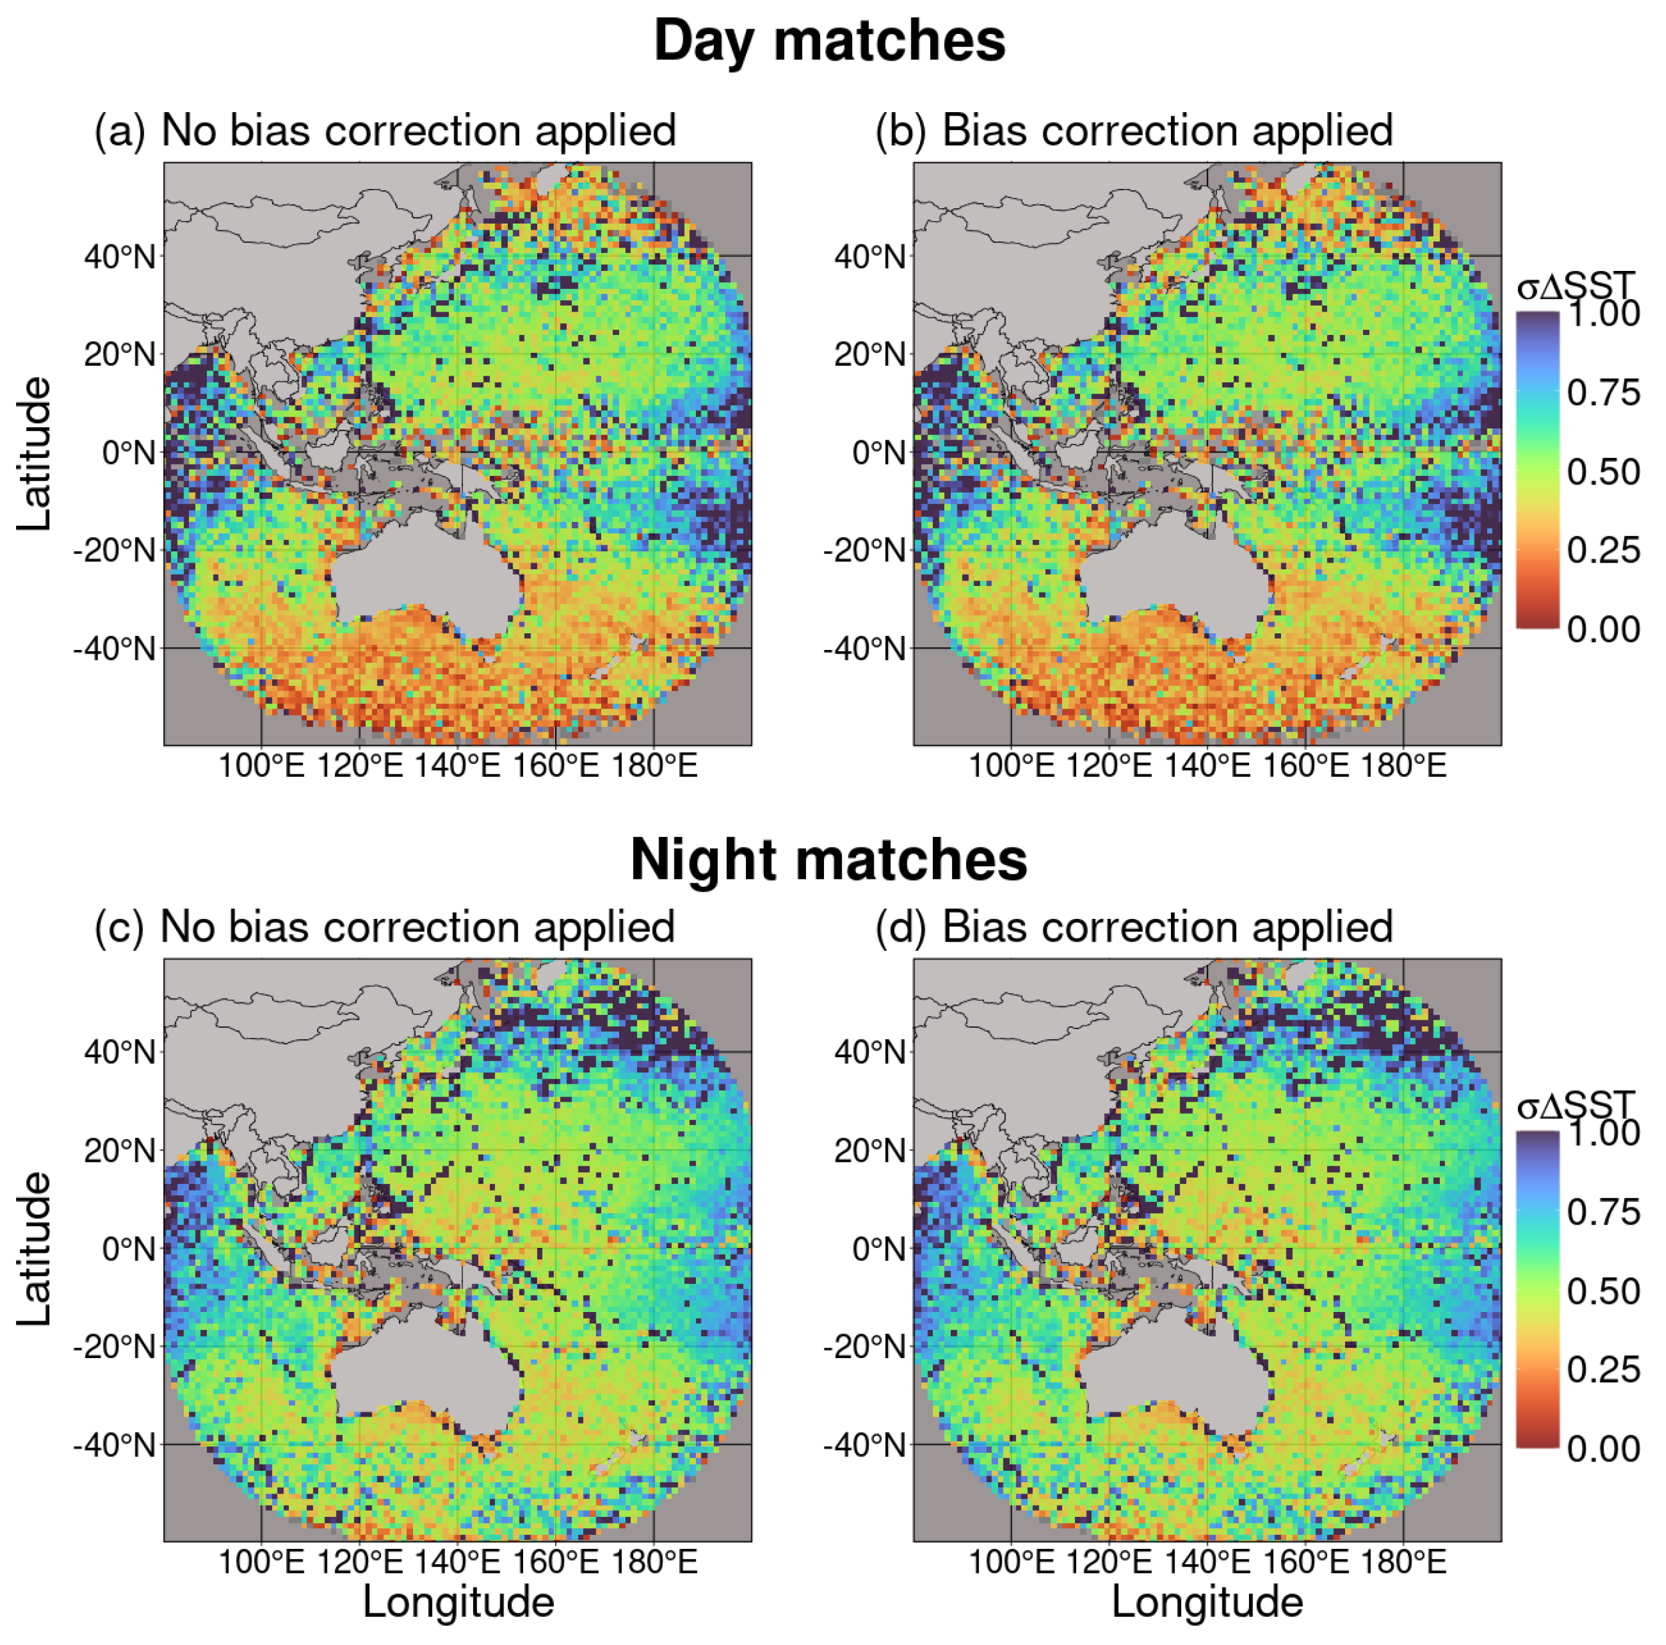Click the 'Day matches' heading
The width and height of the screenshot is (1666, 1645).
pos(829,41)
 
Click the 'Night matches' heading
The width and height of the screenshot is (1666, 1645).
pos(829,860)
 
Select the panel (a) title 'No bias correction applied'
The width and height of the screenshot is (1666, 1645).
pos(418,131)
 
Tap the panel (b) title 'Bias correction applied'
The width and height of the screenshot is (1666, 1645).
pos(1167,131)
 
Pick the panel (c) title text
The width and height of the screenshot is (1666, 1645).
pos(418,928)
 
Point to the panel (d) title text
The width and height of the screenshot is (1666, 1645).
pos(1167,928)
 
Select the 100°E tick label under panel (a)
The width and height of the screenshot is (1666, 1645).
pos(262,766)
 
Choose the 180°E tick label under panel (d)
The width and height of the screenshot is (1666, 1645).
pos(1403,1562)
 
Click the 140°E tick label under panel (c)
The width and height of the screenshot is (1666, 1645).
pos(457,1562)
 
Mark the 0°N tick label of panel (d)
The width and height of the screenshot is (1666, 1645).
pos(879,1249)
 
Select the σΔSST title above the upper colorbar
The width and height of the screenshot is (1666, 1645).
pos(1575,286)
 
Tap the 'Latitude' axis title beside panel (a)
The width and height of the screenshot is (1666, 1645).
pos(35,454)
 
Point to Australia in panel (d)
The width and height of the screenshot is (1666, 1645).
pos(1173,1371)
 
